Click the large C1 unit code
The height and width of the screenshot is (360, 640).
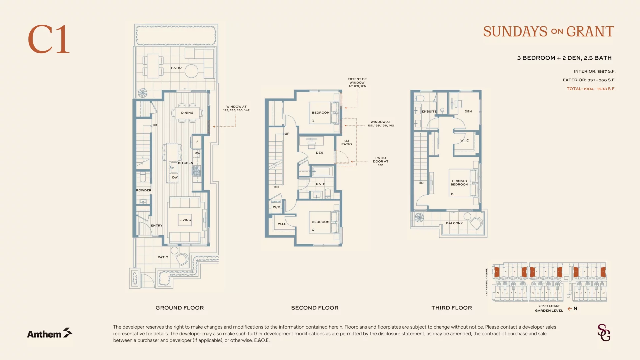(49, 39)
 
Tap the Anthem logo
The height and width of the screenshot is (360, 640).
(50, 333)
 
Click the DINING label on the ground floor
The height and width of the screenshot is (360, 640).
(187, 113)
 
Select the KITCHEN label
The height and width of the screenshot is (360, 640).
(185, 163)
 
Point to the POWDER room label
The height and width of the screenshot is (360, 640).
(143, 190)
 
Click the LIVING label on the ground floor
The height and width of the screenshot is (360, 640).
(185, 220)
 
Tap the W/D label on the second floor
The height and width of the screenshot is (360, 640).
(276, 207)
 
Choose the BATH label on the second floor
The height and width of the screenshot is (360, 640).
(320, 184)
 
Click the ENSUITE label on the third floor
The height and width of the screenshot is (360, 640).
(429, 112)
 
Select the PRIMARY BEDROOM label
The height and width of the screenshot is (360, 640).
(459, 183)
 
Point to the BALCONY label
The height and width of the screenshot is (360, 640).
(454, 223)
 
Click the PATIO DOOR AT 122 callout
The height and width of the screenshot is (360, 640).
(380, 161)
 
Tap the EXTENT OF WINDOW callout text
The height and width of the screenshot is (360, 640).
(357, 83)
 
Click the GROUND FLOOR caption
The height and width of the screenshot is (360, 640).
(179, 308)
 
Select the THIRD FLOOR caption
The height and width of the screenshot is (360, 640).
(451, 308)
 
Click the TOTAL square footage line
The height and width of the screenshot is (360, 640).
(591, 89)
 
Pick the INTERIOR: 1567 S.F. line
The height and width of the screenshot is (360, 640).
(594, 71)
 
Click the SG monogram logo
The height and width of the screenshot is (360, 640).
(604, 333)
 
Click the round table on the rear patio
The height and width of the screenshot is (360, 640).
(191, 71)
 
